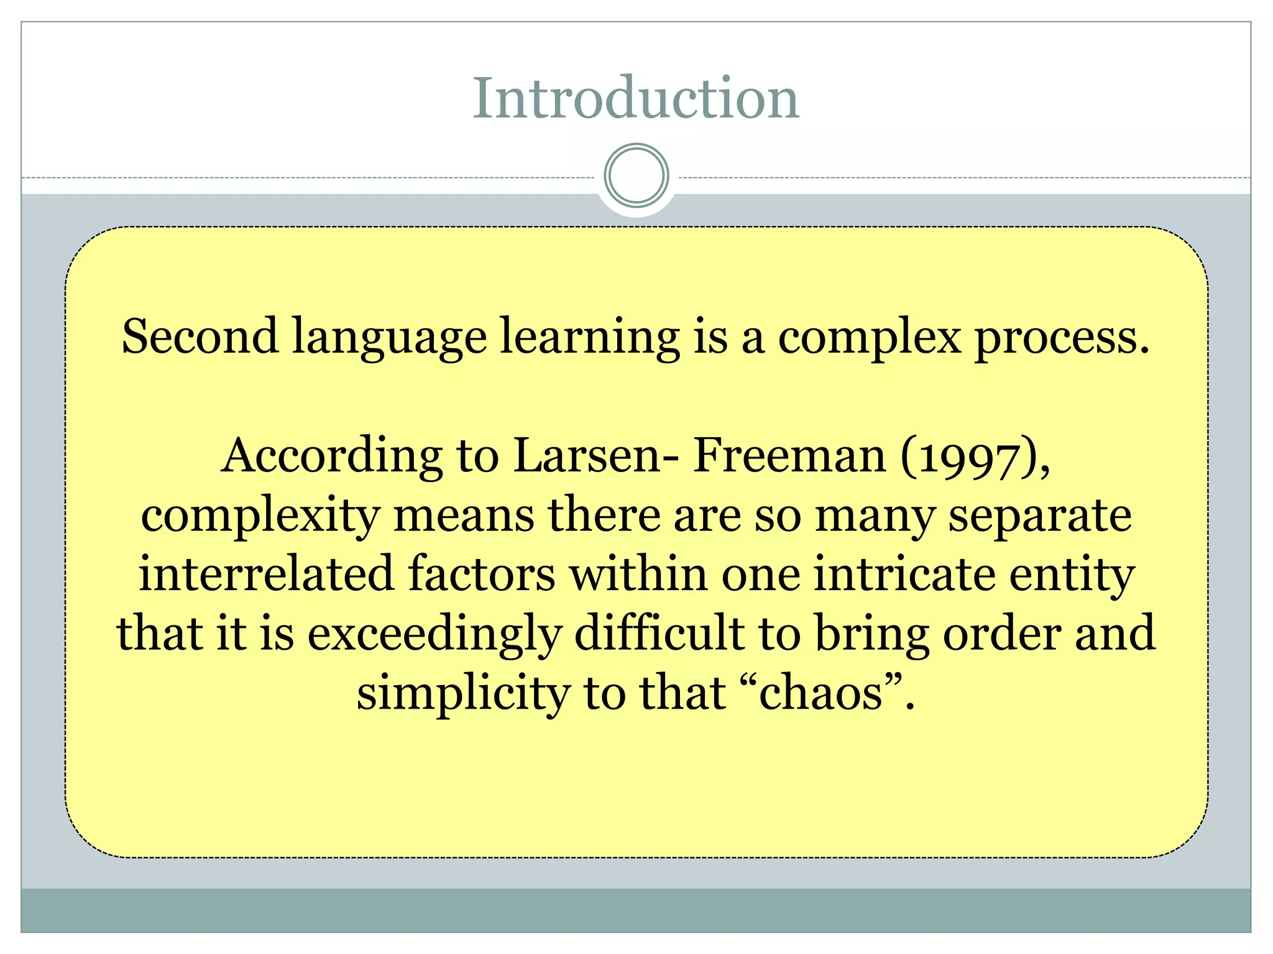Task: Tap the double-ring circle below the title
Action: point(636,175)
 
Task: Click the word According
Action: point(332,457)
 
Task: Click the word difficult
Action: point(659,634)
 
